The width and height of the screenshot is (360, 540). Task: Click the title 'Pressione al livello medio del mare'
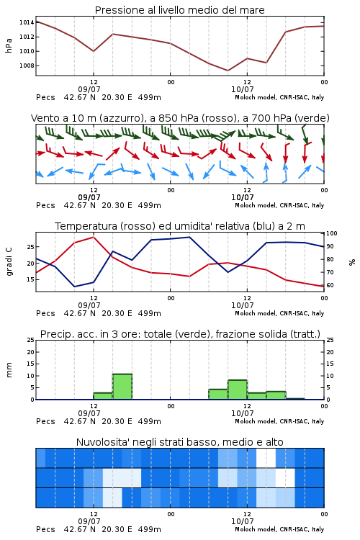pos(179,10)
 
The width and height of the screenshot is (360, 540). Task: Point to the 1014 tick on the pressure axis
pos(27,23)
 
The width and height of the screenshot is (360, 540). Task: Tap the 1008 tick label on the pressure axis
pos(27,66)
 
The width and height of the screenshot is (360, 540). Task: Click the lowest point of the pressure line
pos(228,71)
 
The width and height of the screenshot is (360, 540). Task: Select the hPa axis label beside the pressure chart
pos(9,45)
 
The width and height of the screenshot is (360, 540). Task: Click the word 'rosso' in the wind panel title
pos(216,119)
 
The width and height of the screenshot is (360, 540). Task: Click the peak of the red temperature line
pos(94,237)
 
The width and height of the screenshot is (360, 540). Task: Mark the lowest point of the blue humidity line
pos(74,287)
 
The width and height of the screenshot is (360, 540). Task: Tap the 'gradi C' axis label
pos(9,261)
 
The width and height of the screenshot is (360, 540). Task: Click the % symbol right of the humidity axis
pos(352,262)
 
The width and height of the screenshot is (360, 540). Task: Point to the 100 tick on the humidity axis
pos(332,233)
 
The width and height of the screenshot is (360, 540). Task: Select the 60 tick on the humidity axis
pos(330,285)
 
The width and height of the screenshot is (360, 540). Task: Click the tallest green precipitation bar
pos(122,387)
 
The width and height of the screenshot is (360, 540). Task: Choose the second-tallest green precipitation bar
pos(238,390)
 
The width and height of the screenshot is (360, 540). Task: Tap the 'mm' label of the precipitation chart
pos(9,370)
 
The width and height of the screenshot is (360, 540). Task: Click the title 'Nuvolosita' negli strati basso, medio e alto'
pos(179,442)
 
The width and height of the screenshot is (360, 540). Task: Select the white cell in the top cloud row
pos(266,458)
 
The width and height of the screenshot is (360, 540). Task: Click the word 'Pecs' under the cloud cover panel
pos(45,529)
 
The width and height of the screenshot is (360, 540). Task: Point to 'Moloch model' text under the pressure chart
pos(256,97)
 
